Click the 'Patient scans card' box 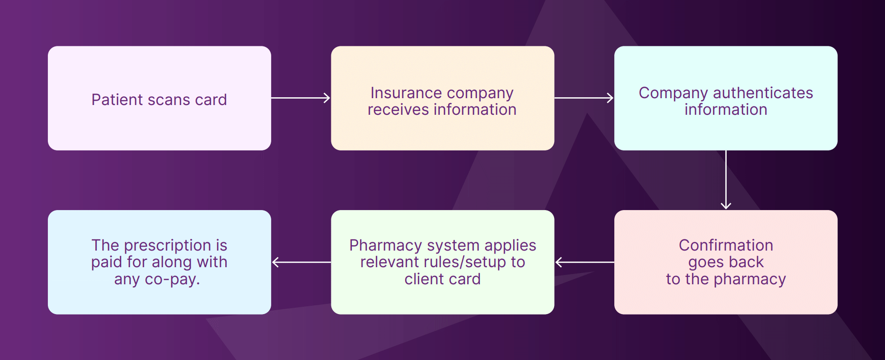point(159,122)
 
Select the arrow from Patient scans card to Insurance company point(301,98)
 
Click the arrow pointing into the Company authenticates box point(584,98)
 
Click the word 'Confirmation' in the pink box point(726,245)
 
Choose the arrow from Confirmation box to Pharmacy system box point(584,262)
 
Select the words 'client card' point(442,279)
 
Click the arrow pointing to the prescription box point(301,262)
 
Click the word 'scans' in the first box point(169,100)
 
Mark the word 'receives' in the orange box point(391,110)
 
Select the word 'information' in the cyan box point(726,110)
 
